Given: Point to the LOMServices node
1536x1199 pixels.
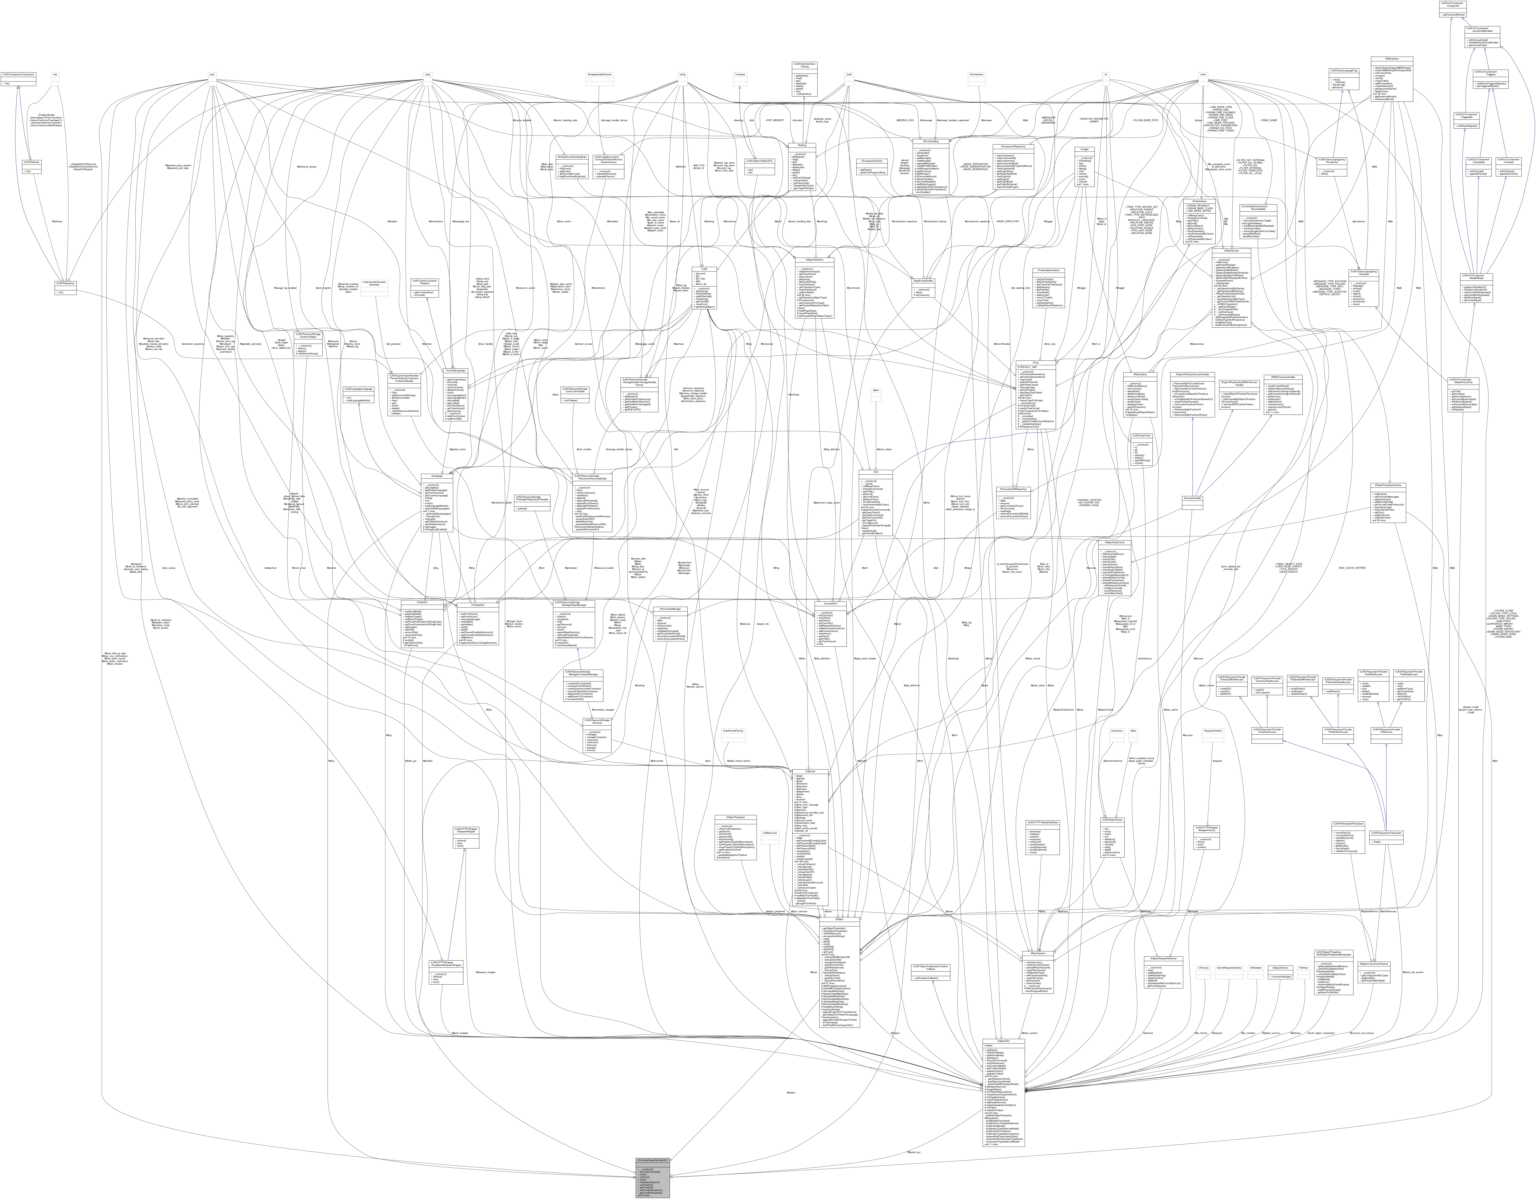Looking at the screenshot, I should click(769, 833).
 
